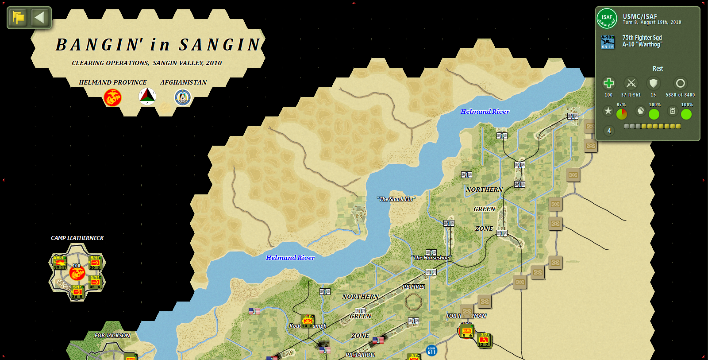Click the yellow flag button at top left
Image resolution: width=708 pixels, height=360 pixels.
[x=19, y=18]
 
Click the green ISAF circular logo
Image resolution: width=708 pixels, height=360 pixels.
[x=607, y=19]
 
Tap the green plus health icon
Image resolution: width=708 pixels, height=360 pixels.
[x=609, y=83]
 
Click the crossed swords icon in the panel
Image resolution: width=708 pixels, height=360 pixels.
[x=631, y=83]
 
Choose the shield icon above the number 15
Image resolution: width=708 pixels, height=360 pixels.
[x=653, y=83]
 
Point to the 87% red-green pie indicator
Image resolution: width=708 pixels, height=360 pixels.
[x=622, y=114]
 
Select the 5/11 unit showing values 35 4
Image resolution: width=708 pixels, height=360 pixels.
[x=95, y=282]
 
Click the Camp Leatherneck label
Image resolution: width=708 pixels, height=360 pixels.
[x=77, y=238]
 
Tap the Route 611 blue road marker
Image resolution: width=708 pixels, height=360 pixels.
[x=431, y=351]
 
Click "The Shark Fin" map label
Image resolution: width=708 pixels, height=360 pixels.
[x=396, y=199]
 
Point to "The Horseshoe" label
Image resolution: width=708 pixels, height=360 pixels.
[x=431, y=258]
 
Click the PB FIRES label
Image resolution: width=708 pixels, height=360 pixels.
[x=413, y=287]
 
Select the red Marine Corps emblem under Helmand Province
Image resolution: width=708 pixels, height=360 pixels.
[x=112, y=97]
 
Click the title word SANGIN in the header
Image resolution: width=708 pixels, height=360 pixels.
[x=219, y=45]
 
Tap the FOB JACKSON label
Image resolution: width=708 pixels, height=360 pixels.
[x=112, y=336]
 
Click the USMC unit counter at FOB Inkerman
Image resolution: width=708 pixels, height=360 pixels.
[x=466, y=331]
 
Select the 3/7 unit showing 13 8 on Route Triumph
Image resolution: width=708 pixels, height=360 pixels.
[x=308, y=321]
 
